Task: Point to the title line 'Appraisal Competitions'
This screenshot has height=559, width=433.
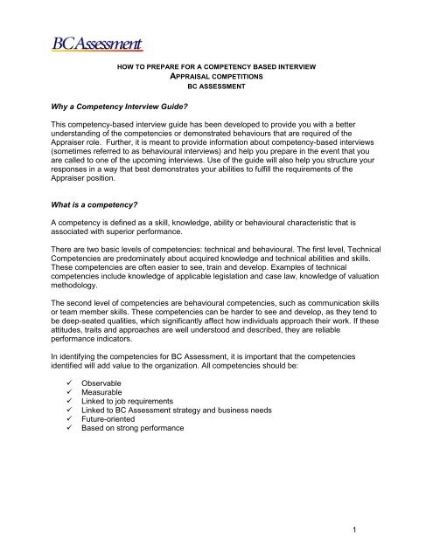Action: (216, 78)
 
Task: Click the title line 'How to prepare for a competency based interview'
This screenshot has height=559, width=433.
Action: (216, 67)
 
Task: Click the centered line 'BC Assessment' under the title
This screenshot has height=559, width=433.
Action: (216, 88)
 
